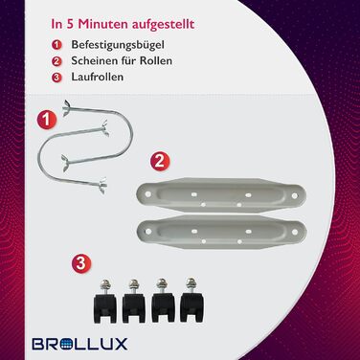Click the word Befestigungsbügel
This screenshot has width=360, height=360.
(118, 45)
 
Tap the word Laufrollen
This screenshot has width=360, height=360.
(98, 77)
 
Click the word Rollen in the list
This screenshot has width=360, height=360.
(156, 60)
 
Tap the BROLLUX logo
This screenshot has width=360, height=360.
(79, 344)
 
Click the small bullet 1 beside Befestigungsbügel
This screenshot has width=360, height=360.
(56, 45)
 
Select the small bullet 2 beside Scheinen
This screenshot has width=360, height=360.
(56, 61)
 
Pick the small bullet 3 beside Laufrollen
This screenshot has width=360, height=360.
(56, 78)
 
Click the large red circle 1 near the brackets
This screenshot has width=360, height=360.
(47, 120)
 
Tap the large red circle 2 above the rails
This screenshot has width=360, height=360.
(160, 161)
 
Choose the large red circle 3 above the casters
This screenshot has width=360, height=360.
(81, 263)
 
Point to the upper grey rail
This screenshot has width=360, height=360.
(221, 194)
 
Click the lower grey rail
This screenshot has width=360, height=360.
(221, 232)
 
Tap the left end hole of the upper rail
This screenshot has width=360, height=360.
(148, 193)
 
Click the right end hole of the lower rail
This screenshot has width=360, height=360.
(295, 232)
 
